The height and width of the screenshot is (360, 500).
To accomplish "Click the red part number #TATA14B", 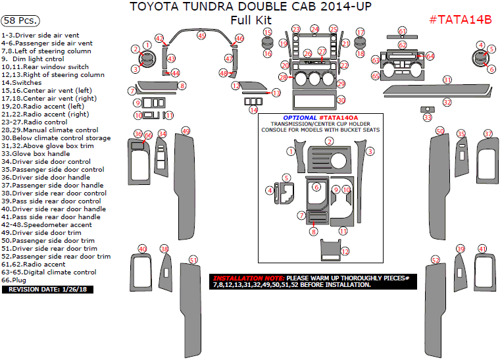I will point(461,19).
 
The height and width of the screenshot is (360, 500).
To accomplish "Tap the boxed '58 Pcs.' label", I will point(19,20).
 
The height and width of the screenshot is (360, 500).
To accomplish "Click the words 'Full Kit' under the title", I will point(251,20).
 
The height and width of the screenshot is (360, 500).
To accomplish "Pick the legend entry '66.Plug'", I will point(16,280).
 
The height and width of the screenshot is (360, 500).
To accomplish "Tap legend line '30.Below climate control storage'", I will point(56,138).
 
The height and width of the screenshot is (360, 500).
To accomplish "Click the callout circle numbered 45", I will point(201,35).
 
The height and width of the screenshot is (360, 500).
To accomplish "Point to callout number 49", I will point(186,131).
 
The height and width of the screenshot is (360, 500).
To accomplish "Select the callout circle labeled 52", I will point(435,261).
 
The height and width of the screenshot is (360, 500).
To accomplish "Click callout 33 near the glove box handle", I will point(428,117).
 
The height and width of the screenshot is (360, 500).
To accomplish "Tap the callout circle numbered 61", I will point(403,32).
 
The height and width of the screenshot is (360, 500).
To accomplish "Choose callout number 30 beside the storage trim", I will point(340,99).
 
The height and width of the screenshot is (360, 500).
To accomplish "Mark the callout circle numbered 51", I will point(193,260).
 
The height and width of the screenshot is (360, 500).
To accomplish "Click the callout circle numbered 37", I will point(488,134).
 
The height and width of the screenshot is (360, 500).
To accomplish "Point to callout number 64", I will point(430,56).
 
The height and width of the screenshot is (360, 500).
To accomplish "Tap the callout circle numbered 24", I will point(314,29).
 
